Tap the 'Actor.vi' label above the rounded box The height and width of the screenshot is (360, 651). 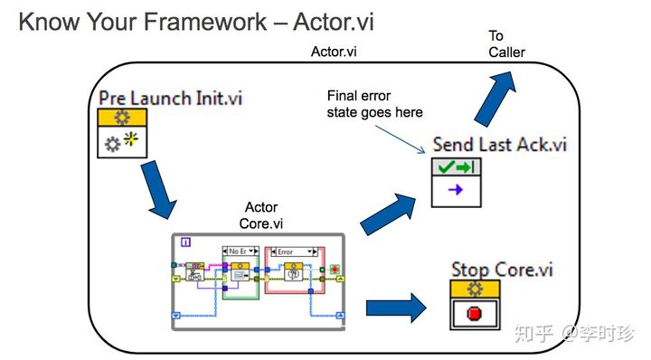tap(333, 52)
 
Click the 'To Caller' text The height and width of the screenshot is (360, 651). tap(506, 44)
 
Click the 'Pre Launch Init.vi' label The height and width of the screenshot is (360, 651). tap(171, 98)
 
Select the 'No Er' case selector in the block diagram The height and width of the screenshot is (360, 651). tap(238, 251)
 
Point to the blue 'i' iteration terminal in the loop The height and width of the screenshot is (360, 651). tap(185, 242)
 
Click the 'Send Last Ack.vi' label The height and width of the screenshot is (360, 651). tap(499, 144)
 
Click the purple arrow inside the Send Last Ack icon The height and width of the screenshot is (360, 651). tap(456, 189)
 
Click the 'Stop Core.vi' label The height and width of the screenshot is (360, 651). tap(502, 269)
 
